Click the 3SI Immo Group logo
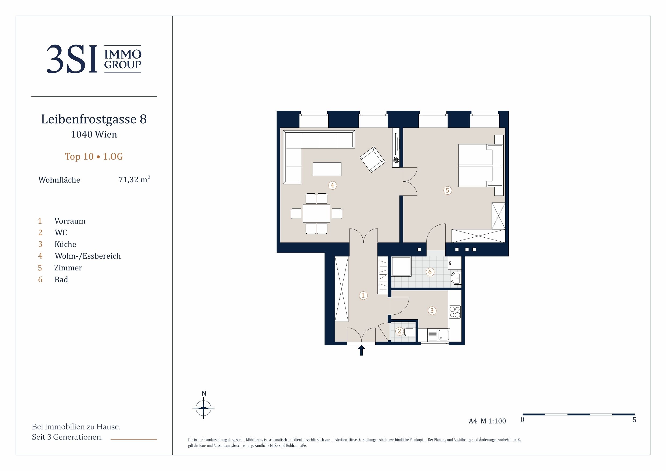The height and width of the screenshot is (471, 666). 94,59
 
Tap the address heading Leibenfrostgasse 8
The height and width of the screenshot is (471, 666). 94,119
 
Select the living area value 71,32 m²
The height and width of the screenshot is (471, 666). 134,179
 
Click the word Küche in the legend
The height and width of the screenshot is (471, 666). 65,244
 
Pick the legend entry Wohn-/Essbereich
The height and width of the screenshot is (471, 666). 88,256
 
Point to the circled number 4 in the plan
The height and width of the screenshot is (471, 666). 332,185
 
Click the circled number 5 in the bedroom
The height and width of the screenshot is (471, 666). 447,190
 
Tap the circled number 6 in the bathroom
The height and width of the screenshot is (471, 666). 430,272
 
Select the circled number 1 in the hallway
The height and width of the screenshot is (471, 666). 363,295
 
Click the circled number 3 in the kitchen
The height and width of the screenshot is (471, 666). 432,310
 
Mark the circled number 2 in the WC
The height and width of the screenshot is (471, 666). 399,331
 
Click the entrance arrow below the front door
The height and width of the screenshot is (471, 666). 361,350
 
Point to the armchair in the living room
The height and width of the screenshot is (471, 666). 372,159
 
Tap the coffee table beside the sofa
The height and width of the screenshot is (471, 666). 327,169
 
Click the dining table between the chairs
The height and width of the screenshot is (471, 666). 316,213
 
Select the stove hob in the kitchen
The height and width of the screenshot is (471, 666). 454,312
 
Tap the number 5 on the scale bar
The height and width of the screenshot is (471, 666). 634,420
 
